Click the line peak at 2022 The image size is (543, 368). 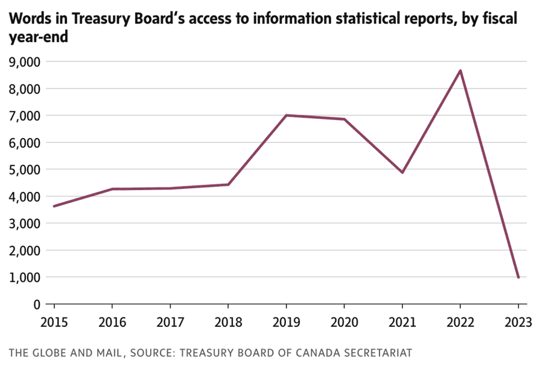point(460,71)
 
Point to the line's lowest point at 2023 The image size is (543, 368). point(518,278)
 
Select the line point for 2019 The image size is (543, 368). point(286,115)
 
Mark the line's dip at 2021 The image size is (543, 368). point(402,173)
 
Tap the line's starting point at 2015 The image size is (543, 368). point(54,206)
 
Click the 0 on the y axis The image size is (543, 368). point(36,305)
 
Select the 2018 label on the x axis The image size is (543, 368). point(227,322)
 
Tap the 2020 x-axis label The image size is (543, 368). point(344,322)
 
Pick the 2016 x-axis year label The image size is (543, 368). point(112,322)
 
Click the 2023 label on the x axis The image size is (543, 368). point(518,322)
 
